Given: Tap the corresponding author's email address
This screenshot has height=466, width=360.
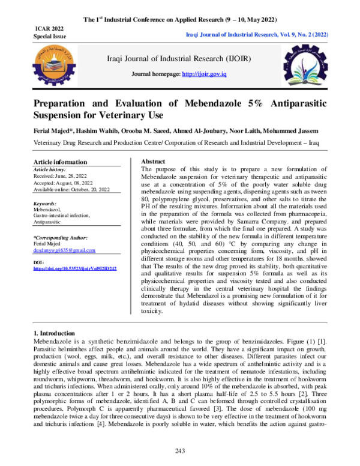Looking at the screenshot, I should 65,250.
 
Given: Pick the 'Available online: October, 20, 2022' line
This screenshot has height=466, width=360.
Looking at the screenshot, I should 71,190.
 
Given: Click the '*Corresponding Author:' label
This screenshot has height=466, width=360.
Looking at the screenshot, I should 59,238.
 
